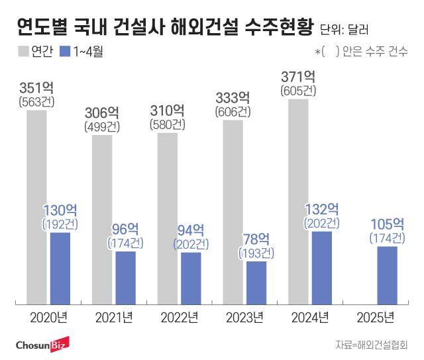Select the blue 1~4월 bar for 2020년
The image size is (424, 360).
tap(60, 259)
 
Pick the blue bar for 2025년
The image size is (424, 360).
tap(388, 275)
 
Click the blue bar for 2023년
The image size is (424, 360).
tap(256, 282)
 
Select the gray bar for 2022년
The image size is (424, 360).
tap(168, 218)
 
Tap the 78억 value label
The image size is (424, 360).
tap(255, 239)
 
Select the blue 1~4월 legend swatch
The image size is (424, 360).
tap(66, 50)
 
